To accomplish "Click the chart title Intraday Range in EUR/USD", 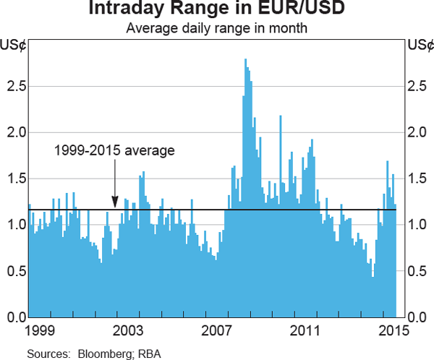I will coord(216,10).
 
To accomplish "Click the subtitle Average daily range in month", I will coord(216,28).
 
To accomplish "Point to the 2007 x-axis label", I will coord(216,330).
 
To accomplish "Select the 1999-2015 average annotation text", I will coord(115,151).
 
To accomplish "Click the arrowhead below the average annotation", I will coord(115,205).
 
